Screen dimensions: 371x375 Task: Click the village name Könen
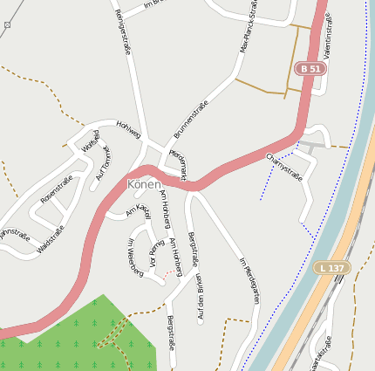pos(144,184)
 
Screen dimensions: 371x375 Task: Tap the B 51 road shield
pos(309,68)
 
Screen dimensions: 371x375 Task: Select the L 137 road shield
pos(332,267)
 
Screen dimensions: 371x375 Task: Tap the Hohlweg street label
pos(128,129)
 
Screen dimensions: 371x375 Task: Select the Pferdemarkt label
pos(178,162)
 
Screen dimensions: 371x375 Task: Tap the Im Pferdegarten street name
pos(249,279)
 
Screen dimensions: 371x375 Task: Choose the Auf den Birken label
pos(200,297)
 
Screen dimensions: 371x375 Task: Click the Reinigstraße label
pos(122,33)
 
